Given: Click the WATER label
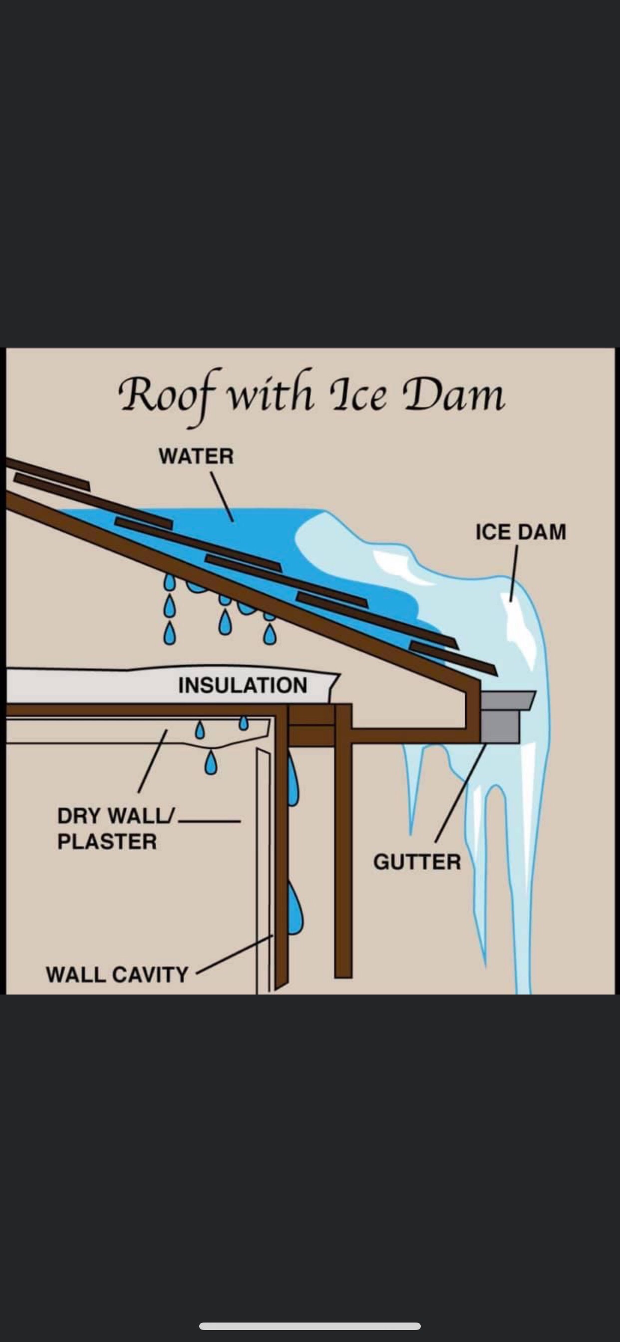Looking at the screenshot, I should (x=196, y=456).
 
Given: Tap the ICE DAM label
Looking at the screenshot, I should (x=520, y=532).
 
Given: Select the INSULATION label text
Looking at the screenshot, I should (x=242, y=685).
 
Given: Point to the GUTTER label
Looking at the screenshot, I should (x=417, y=862).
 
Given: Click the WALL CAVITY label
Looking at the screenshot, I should (x=117, y=974).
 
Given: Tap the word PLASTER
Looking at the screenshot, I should (x=107, y=842).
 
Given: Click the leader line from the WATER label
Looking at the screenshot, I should (x=222, y=496).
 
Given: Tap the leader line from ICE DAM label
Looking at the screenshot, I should (x=514, y=573).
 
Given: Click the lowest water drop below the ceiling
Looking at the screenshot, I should (x=210, y=763).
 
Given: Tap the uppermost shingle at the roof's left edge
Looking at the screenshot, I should (x=51, y=482).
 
